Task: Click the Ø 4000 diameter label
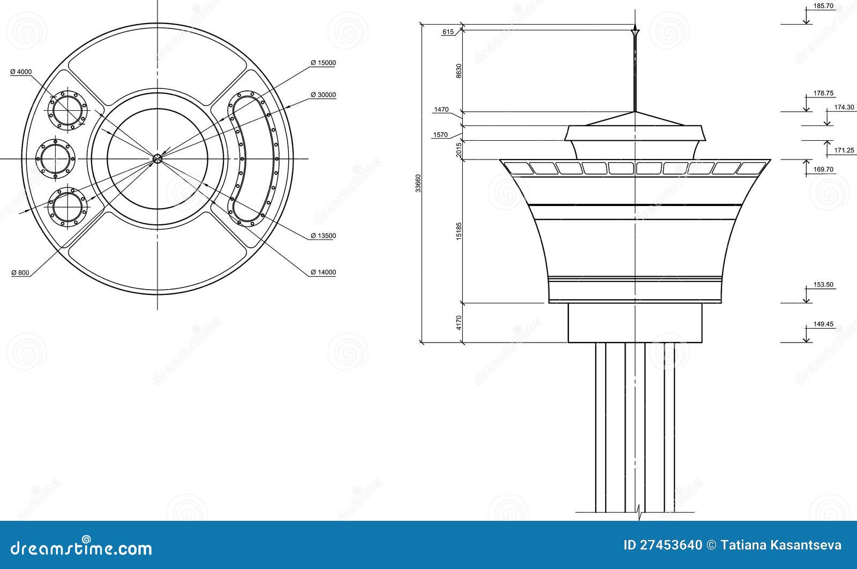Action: [21, 71]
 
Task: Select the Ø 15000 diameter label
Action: [323, 63]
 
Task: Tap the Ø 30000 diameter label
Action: [323, 95]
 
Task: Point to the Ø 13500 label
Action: [323, 236]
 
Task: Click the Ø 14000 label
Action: [323, 272]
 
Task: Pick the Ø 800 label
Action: [20, 272]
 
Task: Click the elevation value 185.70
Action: [823, 6]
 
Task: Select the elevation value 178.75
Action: [823, 93]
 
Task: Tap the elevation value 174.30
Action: [844, 107]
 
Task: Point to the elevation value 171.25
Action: [844, 150]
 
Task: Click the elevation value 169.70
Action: [823, 169]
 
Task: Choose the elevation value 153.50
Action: [823, 285]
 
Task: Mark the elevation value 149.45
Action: [823, 324]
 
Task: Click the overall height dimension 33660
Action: [419, 183]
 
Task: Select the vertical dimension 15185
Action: [458, 231]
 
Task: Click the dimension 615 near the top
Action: [448, 32]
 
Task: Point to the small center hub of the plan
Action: [157, 158]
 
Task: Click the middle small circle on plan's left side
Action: [55, 158]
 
